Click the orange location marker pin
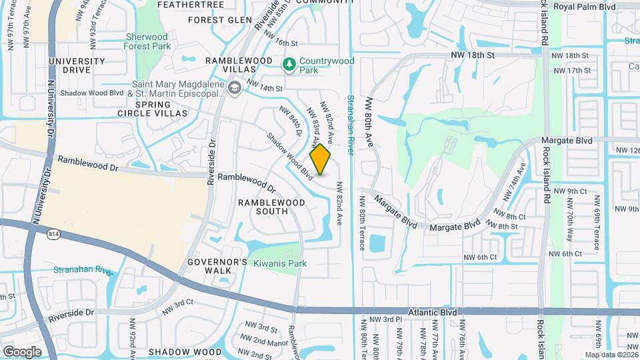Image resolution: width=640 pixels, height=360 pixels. (321, 159)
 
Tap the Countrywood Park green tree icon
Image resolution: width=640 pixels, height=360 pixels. (289, 64)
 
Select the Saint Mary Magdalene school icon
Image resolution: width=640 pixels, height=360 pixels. (235, 88)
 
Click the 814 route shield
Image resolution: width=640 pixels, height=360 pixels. (54, 233)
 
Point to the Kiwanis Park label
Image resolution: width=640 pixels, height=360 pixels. (280, 263)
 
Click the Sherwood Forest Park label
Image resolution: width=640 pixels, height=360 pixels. (147, 41)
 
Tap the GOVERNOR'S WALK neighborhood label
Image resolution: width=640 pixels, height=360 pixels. (209, 265)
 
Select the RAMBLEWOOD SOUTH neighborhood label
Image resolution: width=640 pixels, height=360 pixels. (272, 207)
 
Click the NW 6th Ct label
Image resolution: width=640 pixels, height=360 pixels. (481, 257)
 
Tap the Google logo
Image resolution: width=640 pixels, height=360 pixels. (22, 351)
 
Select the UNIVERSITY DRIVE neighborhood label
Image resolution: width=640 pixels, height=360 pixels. (77, 65)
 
